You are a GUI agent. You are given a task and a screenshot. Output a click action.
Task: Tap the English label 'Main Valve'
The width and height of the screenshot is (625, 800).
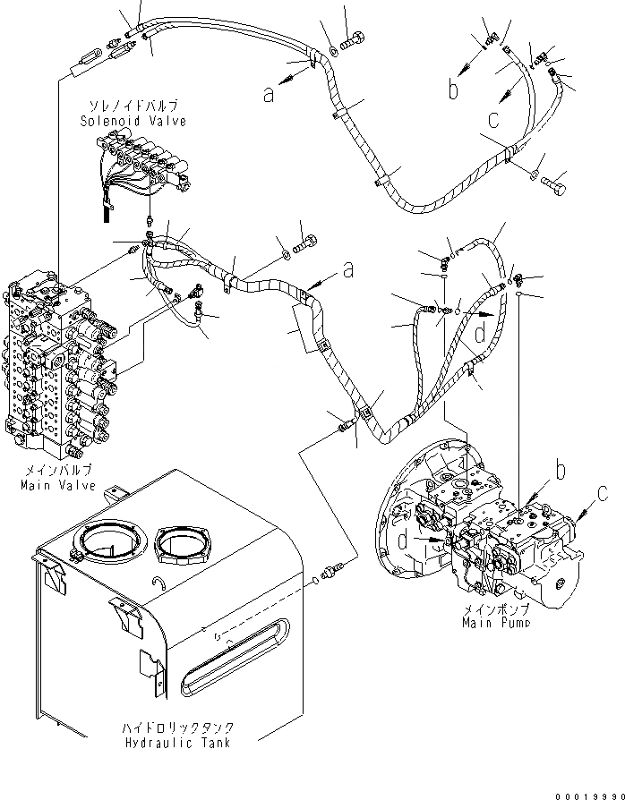(x=51, y=486)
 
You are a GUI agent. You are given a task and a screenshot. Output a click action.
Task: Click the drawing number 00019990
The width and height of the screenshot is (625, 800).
(x=581, y=792)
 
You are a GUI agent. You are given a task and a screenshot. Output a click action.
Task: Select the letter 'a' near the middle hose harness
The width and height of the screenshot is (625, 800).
(x=347, y=268)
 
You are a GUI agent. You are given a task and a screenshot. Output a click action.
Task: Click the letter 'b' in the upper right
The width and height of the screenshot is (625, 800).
(x=454, y=90)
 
